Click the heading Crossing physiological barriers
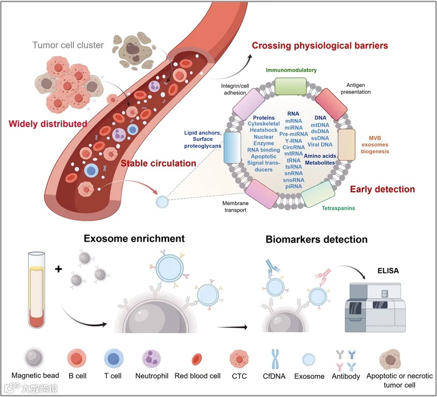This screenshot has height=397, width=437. (x=320, y=46)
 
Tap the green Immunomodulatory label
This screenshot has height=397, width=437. (x=291, y=70)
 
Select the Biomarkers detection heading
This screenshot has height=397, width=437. (x=316, y=239)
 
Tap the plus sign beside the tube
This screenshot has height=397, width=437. (x=58, y=270)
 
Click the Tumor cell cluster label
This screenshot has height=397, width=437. (x=68, y=45)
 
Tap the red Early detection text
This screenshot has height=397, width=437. (x=382, y=189)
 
